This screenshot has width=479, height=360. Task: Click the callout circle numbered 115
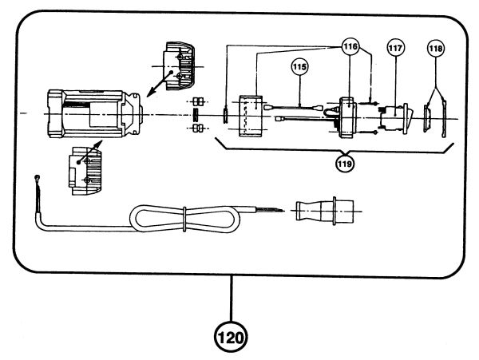(299, 66)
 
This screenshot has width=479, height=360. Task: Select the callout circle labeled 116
(350, 47)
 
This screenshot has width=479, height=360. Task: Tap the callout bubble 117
(396, 48)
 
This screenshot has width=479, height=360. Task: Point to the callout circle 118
(436, 48)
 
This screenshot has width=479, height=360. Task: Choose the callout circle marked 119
(345, 164)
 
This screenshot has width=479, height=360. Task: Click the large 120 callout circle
(231, 337)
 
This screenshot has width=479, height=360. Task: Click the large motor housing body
(95, 113)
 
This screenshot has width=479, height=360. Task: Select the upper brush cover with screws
(180, 65)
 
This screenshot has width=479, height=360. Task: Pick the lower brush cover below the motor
(85, 171)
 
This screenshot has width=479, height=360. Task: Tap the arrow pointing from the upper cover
(159, 85)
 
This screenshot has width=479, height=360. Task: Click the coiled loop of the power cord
(184, 219)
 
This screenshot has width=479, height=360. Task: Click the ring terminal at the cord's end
(38, 177)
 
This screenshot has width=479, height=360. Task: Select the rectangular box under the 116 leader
(251, 116)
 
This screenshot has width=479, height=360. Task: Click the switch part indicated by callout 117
(395, 119)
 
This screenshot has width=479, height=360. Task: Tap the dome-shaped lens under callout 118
(427, 118)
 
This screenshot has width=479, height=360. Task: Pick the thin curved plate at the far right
(444, 118)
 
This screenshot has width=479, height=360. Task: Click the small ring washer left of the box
(225, 116)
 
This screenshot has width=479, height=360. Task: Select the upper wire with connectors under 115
(293, 108)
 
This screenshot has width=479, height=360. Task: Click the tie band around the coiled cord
(184, 219)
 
